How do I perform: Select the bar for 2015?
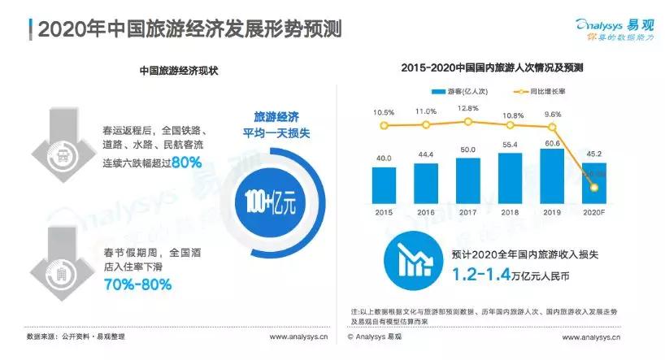[x=385, y=185]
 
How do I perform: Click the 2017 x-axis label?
[x=468, y=212]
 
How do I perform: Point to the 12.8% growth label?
[x=468, y=108]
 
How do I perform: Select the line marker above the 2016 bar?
[x=426, y=125]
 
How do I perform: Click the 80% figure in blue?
[x=186, y=163]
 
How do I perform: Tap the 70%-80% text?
[x=137, y=284]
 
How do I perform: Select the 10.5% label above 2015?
[x=385, y=112]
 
